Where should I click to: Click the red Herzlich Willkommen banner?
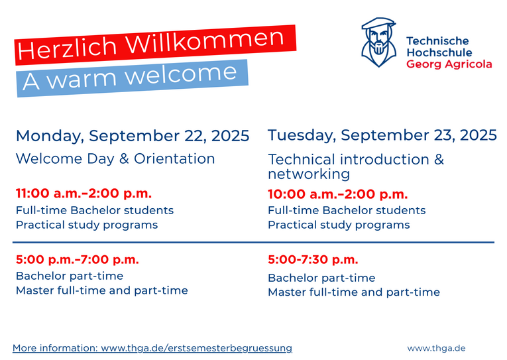[155, 44]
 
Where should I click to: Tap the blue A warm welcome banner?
[133, 78]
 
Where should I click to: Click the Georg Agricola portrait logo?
[378, 42]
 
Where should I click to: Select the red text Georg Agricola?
[449, 64]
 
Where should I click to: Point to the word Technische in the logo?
[437, 40]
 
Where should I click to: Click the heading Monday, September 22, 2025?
[133, 136]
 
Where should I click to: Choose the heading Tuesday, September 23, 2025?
[382, 135]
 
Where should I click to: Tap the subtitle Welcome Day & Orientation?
[115, 159]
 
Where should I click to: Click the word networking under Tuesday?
[309, 174]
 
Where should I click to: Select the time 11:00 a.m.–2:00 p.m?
[84, 194]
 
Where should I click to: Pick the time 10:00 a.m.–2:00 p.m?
[338, 194]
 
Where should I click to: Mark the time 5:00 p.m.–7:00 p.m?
[78, 259]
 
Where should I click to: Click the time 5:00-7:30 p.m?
[313, 259]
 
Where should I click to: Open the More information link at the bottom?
[152, 348]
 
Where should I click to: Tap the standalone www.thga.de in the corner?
[436, 348]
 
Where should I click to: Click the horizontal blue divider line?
[253, 242]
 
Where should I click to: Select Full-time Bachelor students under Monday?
[95, 210]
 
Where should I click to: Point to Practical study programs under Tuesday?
[339, 225]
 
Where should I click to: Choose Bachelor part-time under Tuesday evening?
[321, 278]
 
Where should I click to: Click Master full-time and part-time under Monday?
[102, 290]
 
